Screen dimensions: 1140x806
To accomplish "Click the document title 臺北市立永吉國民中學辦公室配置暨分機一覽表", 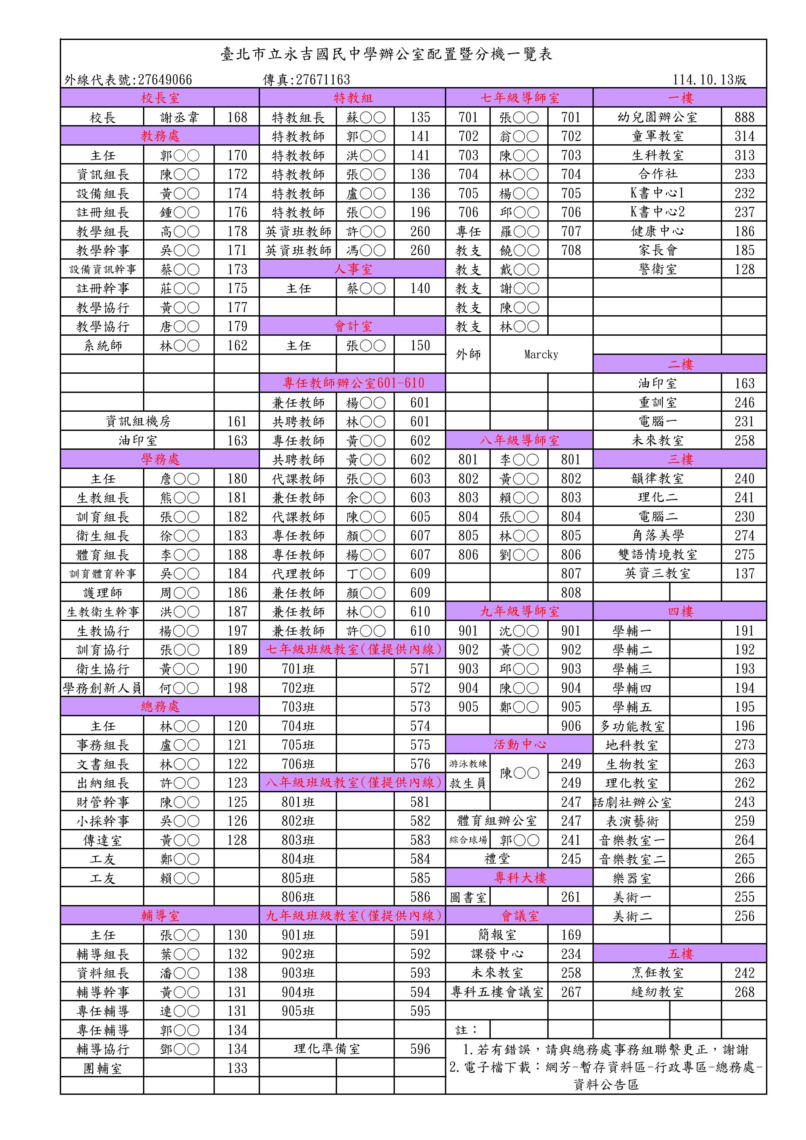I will click(386, 54).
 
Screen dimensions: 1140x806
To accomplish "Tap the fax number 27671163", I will click(306, 79).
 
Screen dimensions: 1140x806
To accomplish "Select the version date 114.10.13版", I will click(709, 79).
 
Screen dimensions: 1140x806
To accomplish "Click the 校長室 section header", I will click(160, 98).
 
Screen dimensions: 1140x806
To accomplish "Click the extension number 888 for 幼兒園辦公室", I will click(744, 117).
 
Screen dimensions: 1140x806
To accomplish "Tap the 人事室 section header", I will click(353, 269).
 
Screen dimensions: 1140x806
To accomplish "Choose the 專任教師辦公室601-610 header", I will click(353, 383).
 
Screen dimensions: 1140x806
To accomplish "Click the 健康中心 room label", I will click(657, 231).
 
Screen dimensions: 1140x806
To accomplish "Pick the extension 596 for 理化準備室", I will click(420, 1049).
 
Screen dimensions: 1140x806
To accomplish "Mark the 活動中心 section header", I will click(519, 744).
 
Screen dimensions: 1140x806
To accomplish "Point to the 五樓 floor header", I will click(680, 954).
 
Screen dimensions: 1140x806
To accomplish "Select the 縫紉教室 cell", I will click(657, 992).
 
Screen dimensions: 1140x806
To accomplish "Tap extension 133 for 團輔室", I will click(237, 1068).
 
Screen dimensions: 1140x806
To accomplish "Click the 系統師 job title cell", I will click(102, 345).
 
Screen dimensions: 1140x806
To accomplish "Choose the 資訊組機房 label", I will click(137, 421).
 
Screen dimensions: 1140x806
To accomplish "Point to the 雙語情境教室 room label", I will click(657, 555).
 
